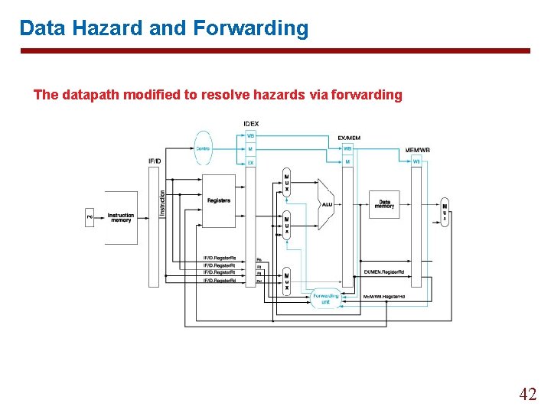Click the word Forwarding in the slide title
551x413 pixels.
[x=251, y=28]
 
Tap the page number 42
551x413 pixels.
[x=527, y=395]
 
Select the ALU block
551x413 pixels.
[x=327, y=204]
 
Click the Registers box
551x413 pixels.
[x=218, y=200]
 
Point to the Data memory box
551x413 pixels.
[x=384, y=203]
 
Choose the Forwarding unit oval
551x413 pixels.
[x=325, y=298]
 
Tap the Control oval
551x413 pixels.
[x=203, y=148]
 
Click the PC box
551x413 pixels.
[x=90, y=217]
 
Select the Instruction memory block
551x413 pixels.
[x=120, y=218]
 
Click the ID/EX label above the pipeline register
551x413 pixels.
[x=251, y=124]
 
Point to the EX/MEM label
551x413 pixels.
[x=348, y=138]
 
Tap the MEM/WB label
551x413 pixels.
[x=417, y=150]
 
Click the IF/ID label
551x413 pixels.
[x=155, y=161]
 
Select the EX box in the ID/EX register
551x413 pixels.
[x=250, y=162]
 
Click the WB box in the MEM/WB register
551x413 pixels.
[x=416, y=161]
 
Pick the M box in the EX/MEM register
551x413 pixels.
[x=348, y=161]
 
